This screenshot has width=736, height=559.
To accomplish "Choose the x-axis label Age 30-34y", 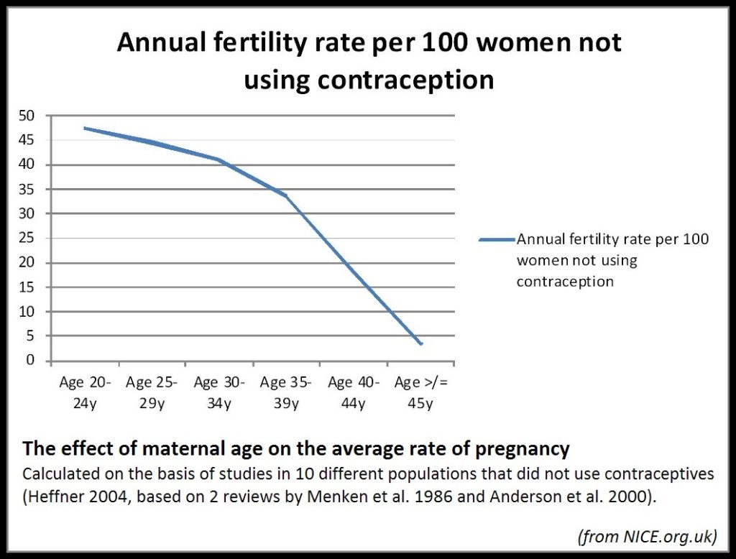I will click(219, 392).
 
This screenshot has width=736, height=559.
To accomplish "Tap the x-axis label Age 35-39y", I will click(286, 392).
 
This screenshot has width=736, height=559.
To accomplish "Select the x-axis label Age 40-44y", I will click(354, 392).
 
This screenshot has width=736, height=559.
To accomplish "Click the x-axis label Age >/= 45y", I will click(420, 392).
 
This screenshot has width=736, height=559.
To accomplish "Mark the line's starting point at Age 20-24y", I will click(84, 128).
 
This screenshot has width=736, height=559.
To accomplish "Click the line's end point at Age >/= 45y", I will click(421, 344).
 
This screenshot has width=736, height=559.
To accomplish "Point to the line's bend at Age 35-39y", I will click(286, 195).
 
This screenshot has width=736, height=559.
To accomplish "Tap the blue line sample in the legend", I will click(497, 239).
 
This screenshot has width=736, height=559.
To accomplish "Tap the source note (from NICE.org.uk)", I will click(648, 535).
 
